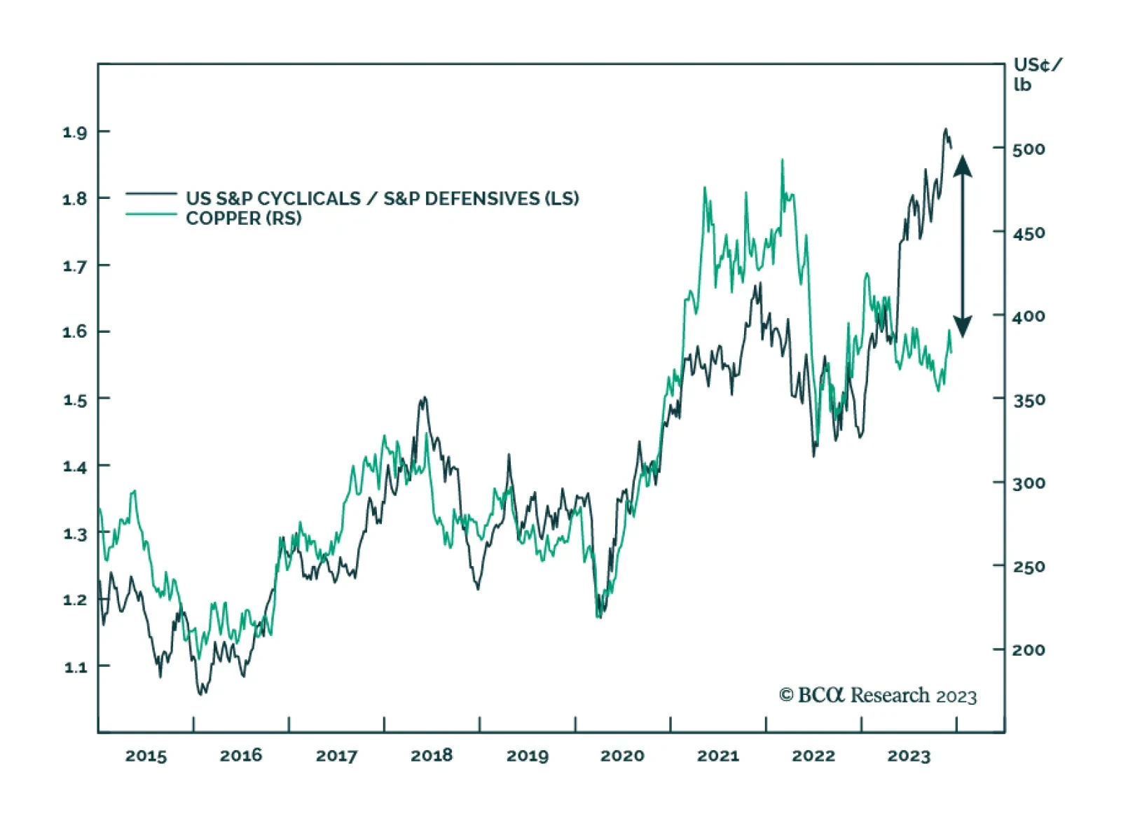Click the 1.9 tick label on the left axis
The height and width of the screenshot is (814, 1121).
pos(74,132)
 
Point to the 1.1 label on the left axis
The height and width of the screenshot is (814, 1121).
pos(75,667)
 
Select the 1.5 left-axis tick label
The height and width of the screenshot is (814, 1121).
pos(75,400)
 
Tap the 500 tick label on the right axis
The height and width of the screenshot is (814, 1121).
pos(1029,149)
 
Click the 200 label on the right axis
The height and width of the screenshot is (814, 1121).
pos(1029,650)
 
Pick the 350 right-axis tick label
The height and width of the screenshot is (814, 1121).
pos(1029,400)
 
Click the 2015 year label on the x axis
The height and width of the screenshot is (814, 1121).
pos(146,756)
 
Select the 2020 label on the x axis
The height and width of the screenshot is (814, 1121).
pos(622,756)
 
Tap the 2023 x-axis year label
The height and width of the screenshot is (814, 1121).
pos(909,756)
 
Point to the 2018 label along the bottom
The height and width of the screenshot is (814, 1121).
pos(432,756)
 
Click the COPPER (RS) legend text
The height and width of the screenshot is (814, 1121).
pos(244,219)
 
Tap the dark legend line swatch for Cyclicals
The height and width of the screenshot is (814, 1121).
pos(151,193)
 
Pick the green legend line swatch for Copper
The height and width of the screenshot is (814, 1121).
pos(151,214)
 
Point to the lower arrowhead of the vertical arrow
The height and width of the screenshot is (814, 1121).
pos(963,326)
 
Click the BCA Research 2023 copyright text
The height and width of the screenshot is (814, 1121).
pos(878,696)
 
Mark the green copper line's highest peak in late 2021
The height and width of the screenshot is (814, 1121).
pos(782,161)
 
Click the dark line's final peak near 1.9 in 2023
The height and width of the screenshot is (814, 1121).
pos(945,130)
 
